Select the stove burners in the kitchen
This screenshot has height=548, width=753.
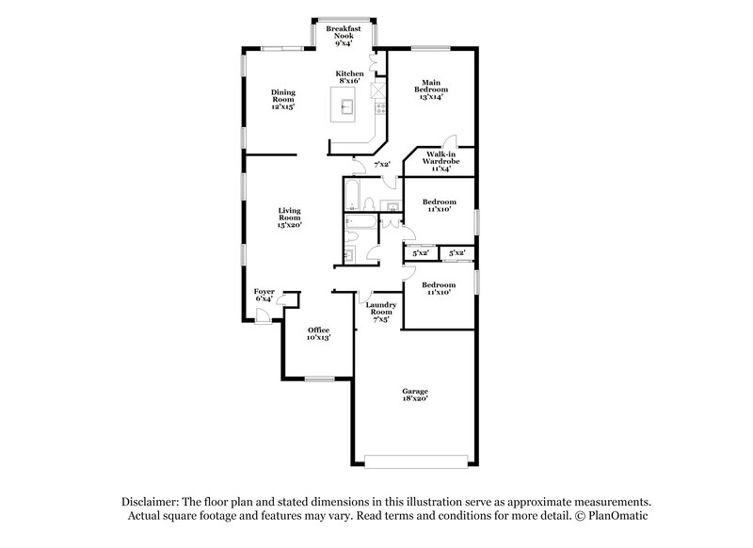click(x=379, y=109)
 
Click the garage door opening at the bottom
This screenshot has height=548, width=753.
click(x=415, y=462)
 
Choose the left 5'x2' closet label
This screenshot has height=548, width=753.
click(x=420, y=252)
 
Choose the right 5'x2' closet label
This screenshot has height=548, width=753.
click(x=457, y=252)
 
